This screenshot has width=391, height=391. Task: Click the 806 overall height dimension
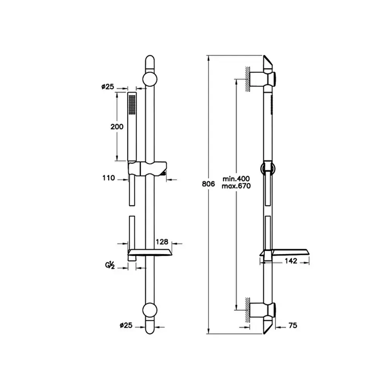[x=208, y=184]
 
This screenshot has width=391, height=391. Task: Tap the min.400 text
[x=236, y=179]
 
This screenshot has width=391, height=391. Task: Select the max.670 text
[x=236, y=186]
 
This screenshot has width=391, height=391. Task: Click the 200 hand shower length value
[x=117, y=127]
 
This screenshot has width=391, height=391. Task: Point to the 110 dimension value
[x=108, y=178]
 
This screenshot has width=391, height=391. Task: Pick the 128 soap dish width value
[x=162, y=242]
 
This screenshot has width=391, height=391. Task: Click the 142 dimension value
[x=291, y=261]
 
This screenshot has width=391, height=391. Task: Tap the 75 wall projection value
[x=293, y=325]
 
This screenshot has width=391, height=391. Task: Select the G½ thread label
[x=110, y=265]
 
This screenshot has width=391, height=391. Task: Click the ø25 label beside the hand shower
[x=108, y=86]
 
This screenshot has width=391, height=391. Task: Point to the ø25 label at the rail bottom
[x=126, y=325]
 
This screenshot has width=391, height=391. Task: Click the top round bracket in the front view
[x=150, y=79]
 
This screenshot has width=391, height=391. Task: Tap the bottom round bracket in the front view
[x=150, y=310]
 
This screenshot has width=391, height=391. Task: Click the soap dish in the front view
[x=150, y=253]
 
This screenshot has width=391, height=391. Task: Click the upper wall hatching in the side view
[x=248, y=79]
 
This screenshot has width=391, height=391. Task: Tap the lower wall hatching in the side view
[x=248, y=310]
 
